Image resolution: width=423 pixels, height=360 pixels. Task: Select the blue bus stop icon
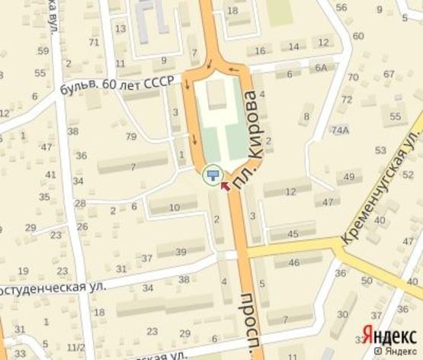213,176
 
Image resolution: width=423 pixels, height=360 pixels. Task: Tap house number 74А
339,130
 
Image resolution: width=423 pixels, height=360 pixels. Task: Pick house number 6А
321,68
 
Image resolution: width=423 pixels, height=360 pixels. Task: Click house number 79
131,137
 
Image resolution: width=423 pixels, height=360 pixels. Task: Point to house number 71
94,42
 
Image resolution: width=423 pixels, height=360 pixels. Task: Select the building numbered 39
181,252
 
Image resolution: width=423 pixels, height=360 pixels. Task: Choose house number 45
293,233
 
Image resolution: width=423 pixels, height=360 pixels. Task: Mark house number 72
347,99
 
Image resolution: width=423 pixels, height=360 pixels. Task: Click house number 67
389,74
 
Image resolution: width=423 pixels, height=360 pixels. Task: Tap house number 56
341,8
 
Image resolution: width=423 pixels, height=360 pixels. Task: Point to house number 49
350,177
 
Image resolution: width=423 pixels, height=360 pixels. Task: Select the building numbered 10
174,207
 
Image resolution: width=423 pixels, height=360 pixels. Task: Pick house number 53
381,150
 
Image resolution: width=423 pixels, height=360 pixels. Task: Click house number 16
261,50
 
